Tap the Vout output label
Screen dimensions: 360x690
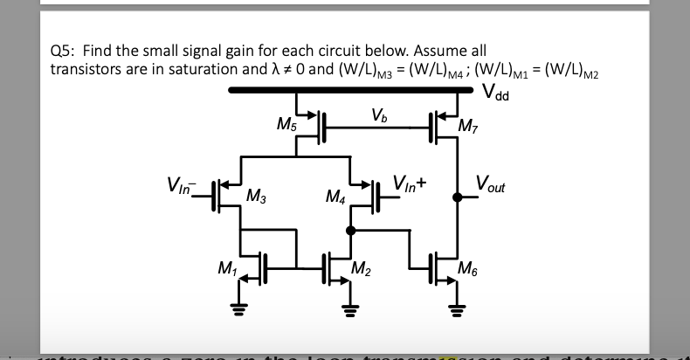pyautogui.click(x=491, y=185)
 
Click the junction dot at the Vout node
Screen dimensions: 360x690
pyautogui.click(x=455, y=197)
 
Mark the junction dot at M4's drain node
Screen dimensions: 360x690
pyautogui.click(x=349, y=230)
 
